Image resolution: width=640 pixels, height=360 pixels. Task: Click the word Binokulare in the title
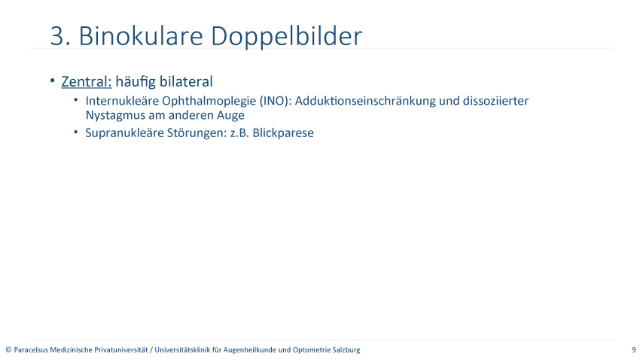pyautogui.click(x=140, y=36)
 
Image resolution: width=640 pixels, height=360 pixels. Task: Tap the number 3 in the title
pyautogui.click(x=57, y=36)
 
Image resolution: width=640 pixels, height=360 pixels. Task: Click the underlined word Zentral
pyautogui.click(x=86, y=81)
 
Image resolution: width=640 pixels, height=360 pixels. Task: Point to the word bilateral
pyautogui.click(x=186, y=81)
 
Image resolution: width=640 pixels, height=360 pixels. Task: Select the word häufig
pyautogui.click(x=136, y=81)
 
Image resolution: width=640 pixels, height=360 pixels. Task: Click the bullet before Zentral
pyautogui.click(x=52, y=81)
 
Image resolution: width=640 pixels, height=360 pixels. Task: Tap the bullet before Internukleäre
pyautogui.click(x=75, y=99)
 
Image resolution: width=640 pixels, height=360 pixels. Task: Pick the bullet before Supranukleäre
pyautogui.click(x=75, y=132)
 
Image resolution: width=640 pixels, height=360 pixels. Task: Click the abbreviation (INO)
pyautogui.click(x=276, y=101)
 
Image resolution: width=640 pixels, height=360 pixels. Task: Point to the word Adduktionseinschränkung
pyautogui.click(x=365, y=101)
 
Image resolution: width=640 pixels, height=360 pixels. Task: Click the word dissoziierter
pyautogui.click(x=495, y=101)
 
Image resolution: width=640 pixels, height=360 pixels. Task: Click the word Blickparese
pyautogui.click(x=283, y=133)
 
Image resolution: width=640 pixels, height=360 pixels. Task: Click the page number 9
pyautogui.click(x=634, y=349)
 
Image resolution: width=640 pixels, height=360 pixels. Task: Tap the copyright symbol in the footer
pyautogui.click(x=8, y=349)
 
